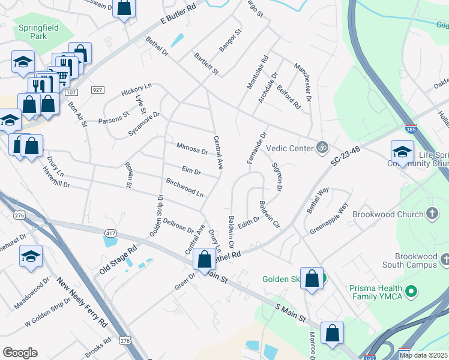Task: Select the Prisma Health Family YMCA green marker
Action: pyautogui.click(x=411, y=292)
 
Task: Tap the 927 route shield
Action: pyautogui.click(x=98, y=89)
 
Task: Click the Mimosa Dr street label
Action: pyautogui.click(x=192, y=148)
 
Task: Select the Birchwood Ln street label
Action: pyautogui.click(x=185, y=187)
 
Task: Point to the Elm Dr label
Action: pyautogui.click(x=191, y=170)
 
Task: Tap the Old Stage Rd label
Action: pyautogui.click(x=118, y=259)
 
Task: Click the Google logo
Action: pyautogui.click(x=20, y=353)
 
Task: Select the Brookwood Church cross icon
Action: pyautogui.click(x=431, y=214)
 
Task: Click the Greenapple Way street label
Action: pyautogui.click(x=329, y=220)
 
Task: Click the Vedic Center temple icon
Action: pyautogui.click(x=322, y=146)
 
